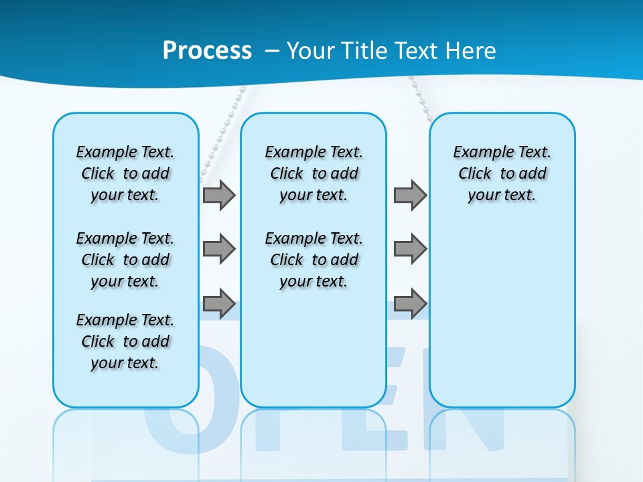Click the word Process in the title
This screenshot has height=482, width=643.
207,51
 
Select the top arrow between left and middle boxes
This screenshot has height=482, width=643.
218,195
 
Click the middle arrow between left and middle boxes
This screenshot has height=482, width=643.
218,249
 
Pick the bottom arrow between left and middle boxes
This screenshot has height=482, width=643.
218,303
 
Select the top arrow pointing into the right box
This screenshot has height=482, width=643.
410,195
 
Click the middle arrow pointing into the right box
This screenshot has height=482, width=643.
410,249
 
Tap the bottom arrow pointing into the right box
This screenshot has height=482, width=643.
410,303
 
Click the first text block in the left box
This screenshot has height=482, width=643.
125,173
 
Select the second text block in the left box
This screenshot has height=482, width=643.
125,260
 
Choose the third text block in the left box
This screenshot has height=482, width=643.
125,341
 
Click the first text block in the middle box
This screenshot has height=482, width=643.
313,173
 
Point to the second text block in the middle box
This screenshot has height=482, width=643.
313,260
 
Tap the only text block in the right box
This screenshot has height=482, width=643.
502,173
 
